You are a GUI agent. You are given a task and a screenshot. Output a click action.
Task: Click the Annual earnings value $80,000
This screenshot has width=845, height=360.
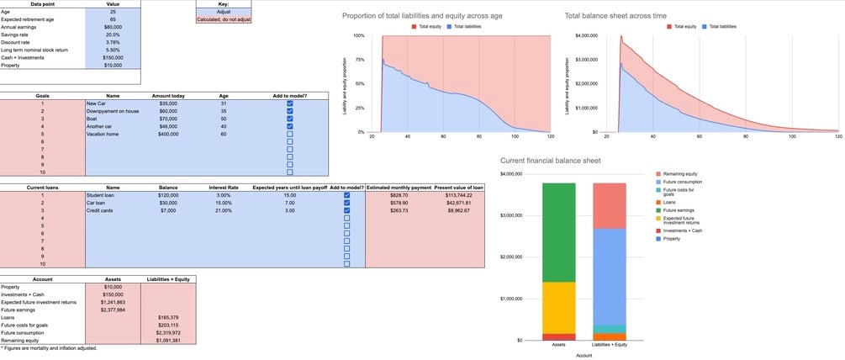[113, 27]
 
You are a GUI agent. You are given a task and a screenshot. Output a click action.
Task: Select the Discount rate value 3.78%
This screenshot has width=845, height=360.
[113, 42]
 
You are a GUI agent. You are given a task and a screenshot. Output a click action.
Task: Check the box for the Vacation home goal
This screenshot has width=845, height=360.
[290, 134]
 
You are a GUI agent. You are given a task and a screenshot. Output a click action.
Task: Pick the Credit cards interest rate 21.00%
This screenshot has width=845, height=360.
[224, 210]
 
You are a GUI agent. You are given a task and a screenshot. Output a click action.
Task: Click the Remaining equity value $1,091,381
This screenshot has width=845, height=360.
[168, 340]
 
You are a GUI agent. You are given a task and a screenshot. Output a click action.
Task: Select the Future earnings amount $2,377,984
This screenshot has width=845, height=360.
[113, 310]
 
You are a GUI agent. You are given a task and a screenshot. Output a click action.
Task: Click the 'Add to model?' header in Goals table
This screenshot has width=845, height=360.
[290, 96]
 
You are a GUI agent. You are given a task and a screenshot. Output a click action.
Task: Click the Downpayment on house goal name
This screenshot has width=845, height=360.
[113, 110]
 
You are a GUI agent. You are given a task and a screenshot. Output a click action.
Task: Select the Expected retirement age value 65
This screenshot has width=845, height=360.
[113, 19]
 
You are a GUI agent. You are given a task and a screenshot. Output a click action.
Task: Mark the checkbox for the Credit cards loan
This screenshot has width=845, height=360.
[346, 210]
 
